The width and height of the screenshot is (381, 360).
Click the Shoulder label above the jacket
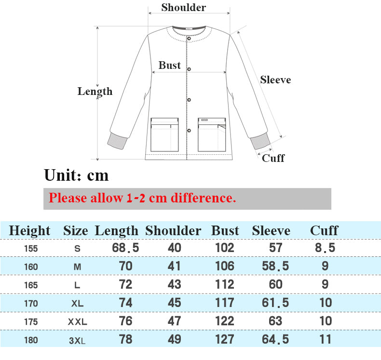tap(184, 7)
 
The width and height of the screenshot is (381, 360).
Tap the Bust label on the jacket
tap(170, 65)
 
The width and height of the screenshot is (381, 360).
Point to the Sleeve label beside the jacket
tap(275, 80)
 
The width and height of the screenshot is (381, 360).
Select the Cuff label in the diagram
tap(273, 158)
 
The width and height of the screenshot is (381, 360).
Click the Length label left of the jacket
tap(95, 92)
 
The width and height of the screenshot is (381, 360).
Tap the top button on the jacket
tap(189, 39)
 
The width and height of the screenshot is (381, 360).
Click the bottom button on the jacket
tap(189, 130)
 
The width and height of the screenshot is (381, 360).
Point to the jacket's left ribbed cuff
tap(117, 141)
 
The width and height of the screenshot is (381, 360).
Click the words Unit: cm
tap(76, 175)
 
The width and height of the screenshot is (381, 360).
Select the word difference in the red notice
tap(204, 198)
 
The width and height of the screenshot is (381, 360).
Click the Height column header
tap(29, 231)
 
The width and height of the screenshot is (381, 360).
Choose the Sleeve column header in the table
tap(271, 231)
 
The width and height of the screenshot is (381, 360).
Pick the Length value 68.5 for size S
tap(125, 248)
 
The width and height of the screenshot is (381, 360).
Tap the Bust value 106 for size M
tap(225, 266)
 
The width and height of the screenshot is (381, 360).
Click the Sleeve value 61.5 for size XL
tap(275, 303)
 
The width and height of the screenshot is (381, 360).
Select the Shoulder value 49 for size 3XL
tap(175, 339)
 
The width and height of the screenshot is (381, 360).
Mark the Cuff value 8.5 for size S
tap(325, 248)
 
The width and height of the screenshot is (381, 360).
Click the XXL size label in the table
tap(78, 322)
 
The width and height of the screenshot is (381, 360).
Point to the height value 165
tap(31, 285)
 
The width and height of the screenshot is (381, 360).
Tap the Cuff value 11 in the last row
tap(326, 339)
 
